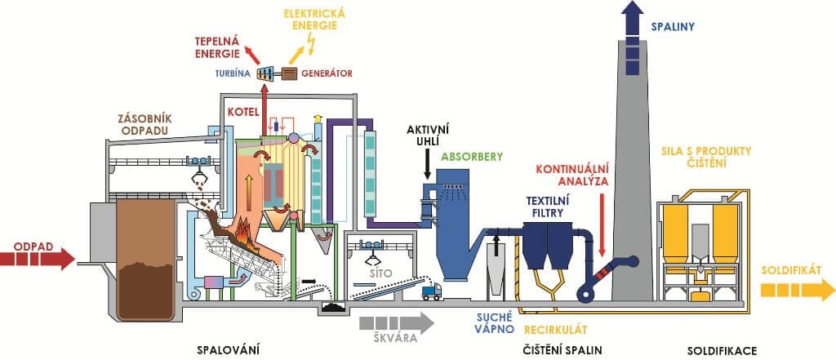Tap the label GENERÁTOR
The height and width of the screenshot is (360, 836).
[x=327, y=73]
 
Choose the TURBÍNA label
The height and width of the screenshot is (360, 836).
[x=233, y=73]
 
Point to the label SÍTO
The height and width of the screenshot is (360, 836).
[x=380, y=277]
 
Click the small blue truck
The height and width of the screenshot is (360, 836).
[x=429, y=291]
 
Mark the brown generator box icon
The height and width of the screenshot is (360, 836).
[x=291, y=73]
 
